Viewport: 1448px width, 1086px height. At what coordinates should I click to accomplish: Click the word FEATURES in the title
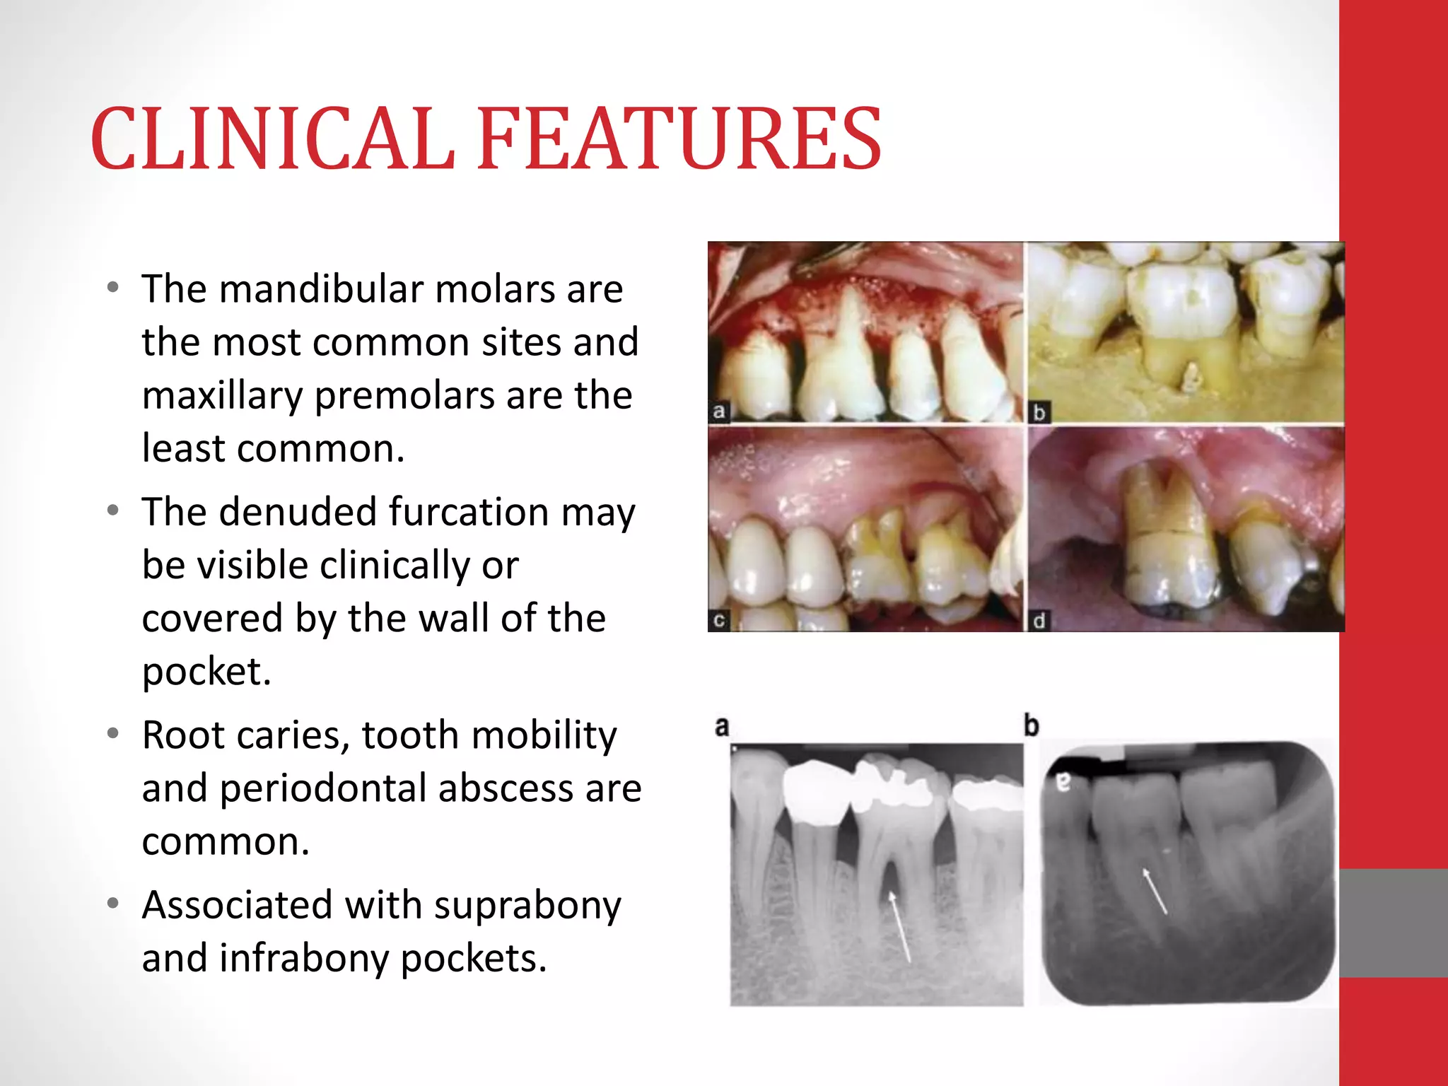click(679, 139)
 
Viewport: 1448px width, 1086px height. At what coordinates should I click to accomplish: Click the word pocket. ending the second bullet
click(206, 672)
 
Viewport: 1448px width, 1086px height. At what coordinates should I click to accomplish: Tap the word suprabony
click(527, 905)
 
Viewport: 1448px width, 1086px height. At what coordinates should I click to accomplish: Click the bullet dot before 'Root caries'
click(113, 733)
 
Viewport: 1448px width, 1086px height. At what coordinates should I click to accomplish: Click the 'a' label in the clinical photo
click(719, 411)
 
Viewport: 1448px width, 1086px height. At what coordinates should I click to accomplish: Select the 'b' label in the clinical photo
click(1039, 412)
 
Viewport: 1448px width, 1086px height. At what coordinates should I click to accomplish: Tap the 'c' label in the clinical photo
click(719, 621)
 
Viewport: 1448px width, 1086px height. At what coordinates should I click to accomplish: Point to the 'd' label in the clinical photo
click(1039, 621)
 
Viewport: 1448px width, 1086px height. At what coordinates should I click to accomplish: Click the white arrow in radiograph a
click(900, 926)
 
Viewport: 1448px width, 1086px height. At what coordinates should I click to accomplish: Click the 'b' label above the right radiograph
click(1032, 725)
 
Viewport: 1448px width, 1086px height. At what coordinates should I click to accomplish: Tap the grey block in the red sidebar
click(1393, 923)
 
